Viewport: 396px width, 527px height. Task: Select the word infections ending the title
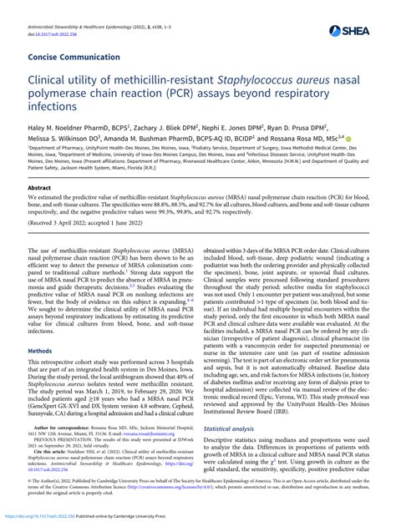tap(54, 108)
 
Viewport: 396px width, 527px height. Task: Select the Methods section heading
tap(39, 327)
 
